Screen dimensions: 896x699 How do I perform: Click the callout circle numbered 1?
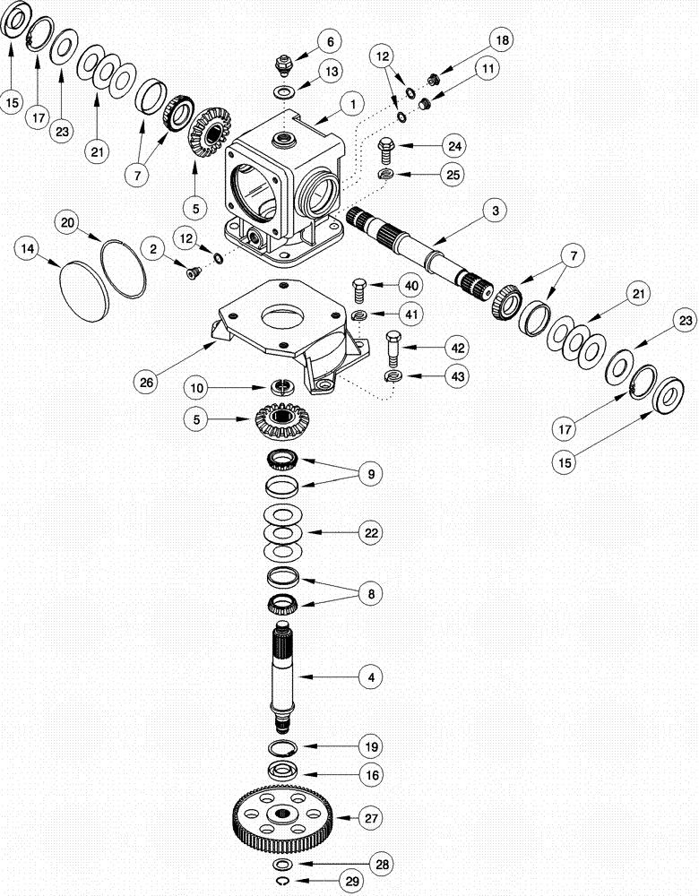tap(352, 105)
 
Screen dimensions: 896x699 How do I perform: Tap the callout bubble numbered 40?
tap(411, 286)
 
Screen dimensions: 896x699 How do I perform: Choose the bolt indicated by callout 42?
tap(394, 343)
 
